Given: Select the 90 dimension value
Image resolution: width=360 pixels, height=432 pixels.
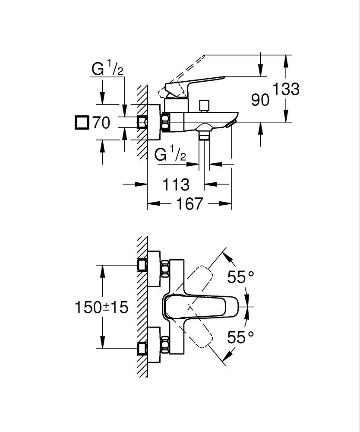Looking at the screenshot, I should pos(260,100).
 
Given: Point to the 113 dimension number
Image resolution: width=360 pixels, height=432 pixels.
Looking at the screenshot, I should pos(176,184).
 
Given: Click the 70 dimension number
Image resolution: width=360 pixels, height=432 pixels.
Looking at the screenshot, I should pos(101,123).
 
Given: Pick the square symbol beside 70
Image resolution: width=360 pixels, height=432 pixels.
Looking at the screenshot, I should pos(81,122).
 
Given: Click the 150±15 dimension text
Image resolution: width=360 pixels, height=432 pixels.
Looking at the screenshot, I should pos(102,308).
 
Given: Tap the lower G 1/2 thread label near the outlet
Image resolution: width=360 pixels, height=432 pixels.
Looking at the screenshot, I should pos(170,154).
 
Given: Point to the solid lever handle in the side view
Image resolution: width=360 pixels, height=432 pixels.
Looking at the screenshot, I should pos(203,82).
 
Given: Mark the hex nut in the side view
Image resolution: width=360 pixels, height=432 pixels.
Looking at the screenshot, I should pos(166,122).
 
